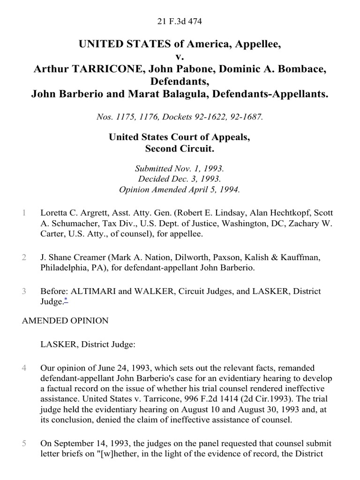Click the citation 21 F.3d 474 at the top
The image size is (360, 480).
point(180,21)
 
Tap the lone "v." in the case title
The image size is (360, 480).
point(180,57)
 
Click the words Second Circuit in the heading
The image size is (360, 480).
point(180,150)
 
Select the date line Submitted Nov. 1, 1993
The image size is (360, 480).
point(180,169)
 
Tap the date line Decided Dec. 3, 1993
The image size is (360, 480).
point(180,180)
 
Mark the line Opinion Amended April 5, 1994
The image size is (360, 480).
point(180,190)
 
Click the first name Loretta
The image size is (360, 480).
point(54,213)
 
